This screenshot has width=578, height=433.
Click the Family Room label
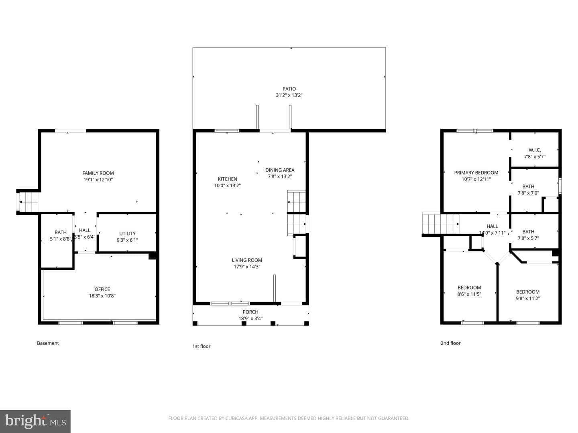[x=98, y=173]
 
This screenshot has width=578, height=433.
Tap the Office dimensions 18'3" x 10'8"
[x=102, y=295]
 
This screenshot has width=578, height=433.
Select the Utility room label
[x=128, y=233]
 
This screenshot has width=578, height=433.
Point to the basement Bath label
[x=61, y=233]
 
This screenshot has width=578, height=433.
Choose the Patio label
[x=289, y=89]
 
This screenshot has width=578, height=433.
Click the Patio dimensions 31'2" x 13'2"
[x=289, y=95]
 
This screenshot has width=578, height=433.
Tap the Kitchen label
[x=228, y=179]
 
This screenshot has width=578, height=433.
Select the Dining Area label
[x=280, y=170]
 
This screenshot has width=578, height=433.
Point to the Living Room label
[x=247, y=260]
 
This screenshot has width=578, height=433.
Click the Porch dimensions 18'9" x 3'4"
[x=250, y=318]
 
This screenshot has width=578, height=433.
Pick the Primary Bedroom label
[x=476, y=173]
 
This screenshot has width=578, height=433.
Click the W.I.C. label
[x=535, y=150]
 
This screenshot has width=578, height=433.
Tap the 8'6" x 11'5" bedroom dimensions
[x=469, y=294]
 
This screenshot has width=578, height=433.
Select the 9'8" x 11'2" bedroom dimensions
[x=528, y=298]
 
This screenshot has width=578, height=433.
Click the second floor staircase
[x=441, y=223]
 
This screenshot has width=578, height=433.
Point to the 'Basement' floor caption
[x=48, y=343]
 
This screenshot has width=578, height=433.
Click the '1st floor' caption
[x=201, y=346]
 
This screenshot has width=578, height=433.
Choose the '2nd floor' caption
[x=450, y=343]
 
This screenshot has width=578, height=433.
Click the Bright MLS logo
[x=35, y=421]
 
